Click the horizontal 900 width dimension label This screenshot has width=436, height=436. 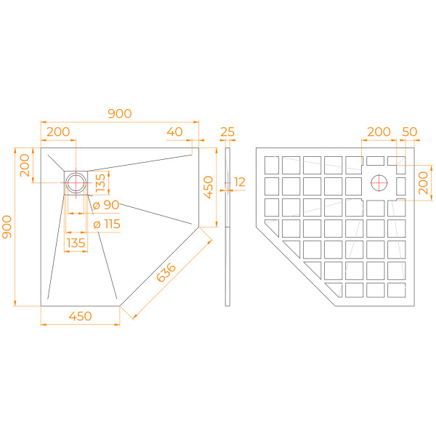(119, 113)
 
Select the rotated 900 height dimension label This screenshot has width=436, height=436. (8, 230)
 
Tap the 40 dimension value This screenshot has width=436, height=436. (174, 132)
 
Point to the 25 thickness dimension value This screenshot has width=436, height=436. (227, 132)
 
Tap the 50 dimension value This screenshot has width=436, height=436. (410, 132)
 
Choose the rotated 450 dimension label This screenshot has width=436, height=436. (208, 187)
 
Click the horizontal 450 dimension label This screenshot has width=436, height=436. (80, 316)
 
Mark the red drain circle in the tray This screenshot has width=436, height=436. (76, 182)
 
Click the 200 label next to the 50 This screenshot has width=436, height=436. (378, 132)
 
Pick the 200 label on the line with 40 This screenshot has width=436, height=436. (58, 132)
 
